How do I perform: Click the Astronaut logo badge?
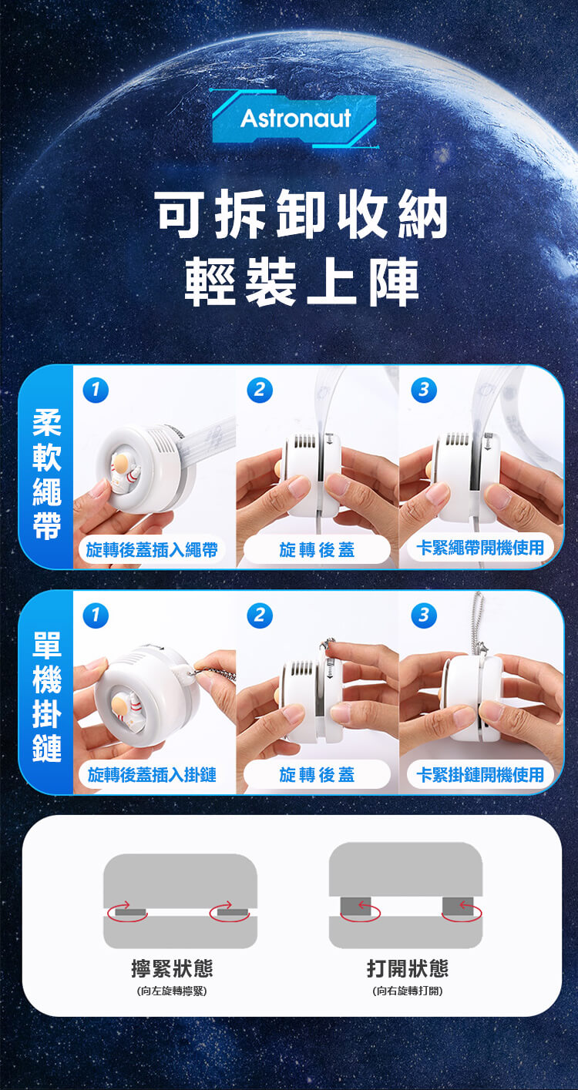tap(295, 119)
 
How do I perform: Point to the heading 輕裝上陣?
tap(302, 281)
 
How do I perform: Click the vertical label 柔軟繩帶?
tap(47, 474)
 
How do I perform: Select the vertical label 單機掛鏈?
tap(47, 696)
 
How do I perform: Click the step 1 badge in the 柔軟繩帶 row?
tap(96, 390)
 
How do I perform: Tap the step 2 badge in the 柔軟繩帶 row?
tap(260, 390)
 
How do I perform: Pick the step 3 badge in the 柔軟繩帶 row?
tap(424, 390)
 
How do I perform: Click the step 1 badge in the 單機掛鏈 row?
tap(96, 615)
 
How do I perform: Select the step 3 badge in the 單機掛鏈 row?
tap(424, 615)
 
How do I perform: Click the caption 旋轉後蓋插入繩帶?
tap(152, 550)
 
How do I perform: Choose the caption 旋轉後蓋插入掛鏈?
tap(152, 775)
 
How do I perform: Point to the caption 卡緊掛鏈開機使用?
tap(480, 775)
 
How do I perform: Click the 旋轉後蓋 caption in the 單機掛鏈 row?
tap(317, 775)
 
